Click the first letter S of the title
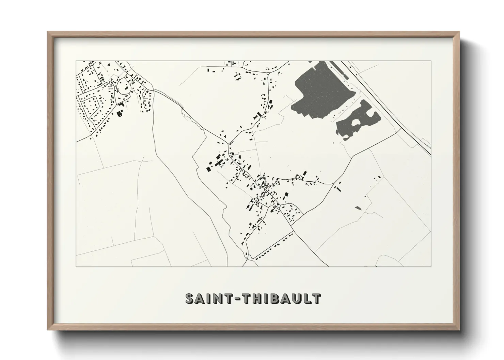pos(190,298)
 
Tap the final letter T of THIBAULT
pos(316,298)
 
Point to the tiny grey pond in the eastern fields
pos(358,207)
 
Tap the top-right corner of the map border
pos(431,61)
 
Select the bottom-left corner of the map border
pos(76,266)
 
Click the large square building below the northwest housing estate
pos(120,114)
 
